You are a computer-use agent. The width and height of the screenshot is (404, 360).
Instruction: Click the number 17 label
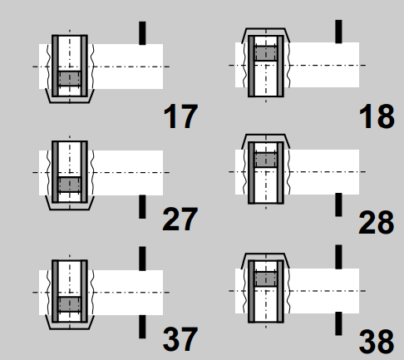coord(180,116)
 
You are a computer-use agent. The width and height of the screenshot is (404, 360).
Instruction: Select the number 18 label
coord(377,116)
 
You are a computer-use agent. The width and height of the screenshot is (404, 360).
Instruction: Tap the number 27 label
coord(180,219)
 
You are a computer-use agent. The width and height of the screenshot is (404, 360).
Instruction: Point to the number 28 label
coord(376,222)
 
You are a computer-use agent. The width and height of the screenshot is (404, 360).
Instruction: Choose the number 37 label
coord(180,339)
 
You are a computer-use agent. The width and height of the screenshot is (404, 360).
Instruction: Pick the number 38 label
coord(377,342)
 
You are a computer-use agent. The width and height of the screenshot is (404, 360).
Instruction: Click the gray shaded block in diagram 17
coord(70,78)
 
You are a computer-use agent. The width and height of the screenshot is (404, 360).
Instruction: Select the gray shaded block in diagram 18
coord(266,53)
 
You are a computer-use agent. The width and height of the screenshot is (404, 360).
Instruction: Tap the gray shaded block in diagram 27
coord(70,185)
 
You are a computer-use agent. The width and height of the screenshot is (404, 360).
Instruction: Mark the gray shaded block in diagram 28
coord(266,160)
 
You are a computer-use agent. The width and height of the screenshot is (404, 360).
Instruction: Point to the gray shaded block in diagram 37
coord(70,304)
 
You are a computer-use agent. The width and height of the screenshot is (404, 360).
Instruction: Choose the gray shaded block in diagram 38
coord(266,279)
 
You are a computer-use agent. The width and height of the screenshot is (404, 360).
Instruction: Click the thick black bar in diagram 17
coord(142,33)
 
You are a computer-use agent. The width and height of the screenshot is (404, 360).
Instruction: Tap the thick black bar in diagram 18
coord(338,32)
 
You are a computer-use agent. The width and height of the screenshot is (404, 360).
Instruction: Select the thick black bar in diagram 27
coord(142,207)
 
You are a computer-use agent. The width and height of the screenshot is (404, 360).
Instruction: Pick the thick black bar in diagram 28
coord(338,205)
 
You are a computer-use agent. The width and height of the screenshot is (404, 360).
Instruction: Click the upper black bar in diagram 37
coord(142,259)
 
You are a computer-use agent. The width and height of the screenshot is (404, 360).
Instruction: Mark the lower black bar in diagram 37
coord(142,327)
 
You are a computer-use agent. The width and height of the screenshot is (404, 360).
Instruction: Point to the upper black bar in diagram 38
coord(338,257)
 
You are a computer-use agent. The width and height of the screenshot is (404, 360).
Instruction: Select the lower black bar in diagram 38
coord(338,323)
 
